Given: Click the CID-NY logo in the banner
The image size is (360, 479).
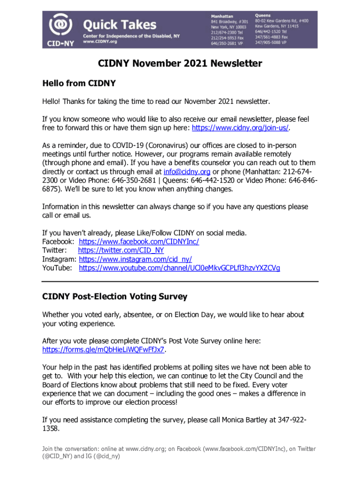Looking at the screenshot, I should click(x=59, y=28).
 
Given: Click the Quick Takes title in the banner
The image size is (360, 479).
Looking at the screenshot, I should click(x=120, y=24).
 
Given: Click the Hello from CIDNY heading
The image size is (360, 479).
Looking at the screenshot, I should click(x=79, y=84).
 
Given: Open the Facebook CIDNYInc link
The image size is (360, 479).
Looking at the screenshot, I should click(x=139, y=241).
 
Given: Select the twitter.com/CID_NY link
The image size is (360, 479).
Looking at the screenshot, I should click(x=121, y=250).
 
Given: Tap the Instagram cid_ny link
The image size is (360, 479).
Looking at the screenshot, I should click(x=135, y=259).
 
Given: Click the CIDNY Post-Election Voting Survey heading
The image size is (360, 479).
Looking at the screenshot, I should click(x=115, y=297).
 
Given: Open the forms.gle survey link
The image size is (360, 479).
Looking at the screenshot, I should click(x=103, y=349).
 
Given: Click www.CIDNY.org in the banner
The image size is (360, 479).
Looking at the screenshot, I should click(x=100, y=41).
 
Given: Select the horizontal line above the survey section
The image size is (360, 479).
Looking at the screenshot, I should click(x=180, y=282).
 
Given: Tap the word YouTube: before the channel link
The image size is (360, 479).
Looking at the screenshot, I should click(x=57, y=268).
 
